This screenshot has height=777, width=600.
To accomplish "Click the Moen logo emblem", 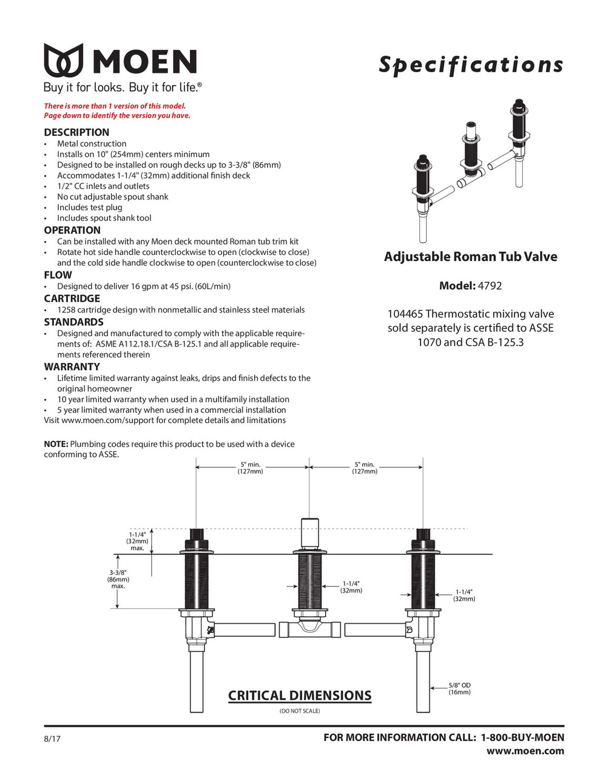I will coord(63,60).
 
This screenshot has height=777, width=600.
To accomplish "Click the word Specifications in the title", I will coord(471,64).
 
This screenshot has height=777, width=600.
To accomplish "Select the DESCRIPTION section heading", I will coord(76,132).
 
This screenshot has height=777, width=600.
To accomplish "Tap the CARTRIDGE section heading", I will coord(72,299).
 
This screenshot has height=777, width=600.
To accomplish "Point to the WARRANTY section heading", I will coord(72,367).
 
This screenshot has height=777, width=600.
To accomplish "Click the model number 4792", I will coord(490,286).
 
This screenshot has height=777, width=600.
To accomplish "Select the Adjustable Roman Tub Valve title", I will coord(470,257).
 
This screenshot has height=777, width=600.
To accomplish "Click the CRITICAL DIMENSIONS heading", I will coord(300,696).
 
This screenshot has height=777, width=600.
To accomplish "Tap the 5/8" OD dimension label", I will coord(459,688).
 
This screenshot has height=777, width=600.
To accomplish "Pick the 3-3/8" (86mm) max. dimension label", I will coord(118,579).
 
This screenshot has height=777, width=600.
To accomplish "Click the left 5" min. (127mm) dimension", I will coord(250,468).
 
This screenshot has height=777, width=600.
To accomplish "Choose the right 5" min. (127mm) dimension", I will coord(364,468).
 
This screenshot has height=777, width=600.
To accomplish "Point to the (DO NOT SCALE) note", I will coord(300,711).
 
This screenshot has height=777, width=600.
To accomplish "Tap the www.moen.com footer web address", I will coord(525,752).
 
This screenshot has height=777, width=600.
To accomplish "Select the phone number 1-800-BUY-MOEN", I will coord(522,738).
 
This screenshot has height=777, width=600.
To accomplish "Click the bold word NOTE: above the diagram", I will coord(56,444).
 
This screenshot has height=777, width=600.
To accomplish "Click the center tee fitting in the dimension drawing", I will coord(309,629).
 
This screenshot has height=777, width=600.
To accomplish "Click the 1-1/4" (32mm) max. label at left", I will coord(137,541).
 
